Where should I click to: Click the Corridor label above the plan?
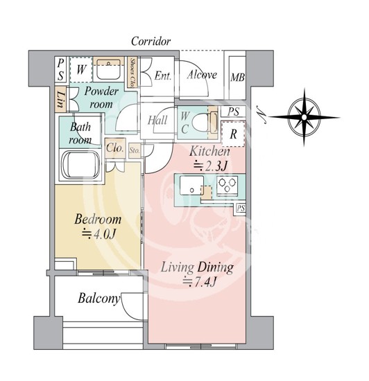(151, 42)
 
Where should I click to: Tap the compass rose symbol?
(304, 117)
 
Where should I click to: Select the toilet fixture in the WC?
(203, 123)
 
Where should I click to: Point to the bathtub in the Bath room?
(80, 166)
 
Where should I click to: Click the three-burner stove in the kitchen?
(228, 185)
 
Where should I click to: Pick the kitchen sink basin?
(191, 185)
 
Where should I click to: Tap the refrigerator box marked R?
(233, 134)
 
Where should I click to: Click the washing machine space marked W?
(80, 69)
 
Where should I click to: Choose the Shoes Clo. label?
(132, 73)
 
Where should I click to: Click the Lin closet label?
(60, 99)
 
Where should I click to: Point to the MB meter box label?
(237, 78)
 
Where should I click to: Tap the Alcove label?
(202, 75)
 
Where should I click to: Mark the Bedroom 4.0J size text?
(98, 234)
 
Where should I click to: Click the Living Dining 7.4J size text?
(200, 282)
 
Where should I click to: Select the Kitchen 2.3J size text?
(210, 166)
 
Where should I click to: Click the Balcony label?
(99, 298)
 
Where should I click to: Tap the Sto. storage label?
(135, 150)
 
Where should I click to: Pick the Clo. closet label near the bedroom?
(115, 148)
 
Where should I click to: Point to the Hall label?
(157, 120)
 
